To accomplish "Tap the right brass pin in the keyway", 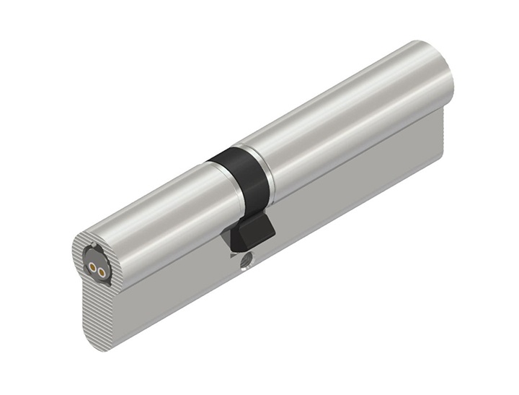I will click(x=102, y=272).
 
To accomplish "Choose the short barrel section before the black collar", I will click(x=159, y=209).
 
